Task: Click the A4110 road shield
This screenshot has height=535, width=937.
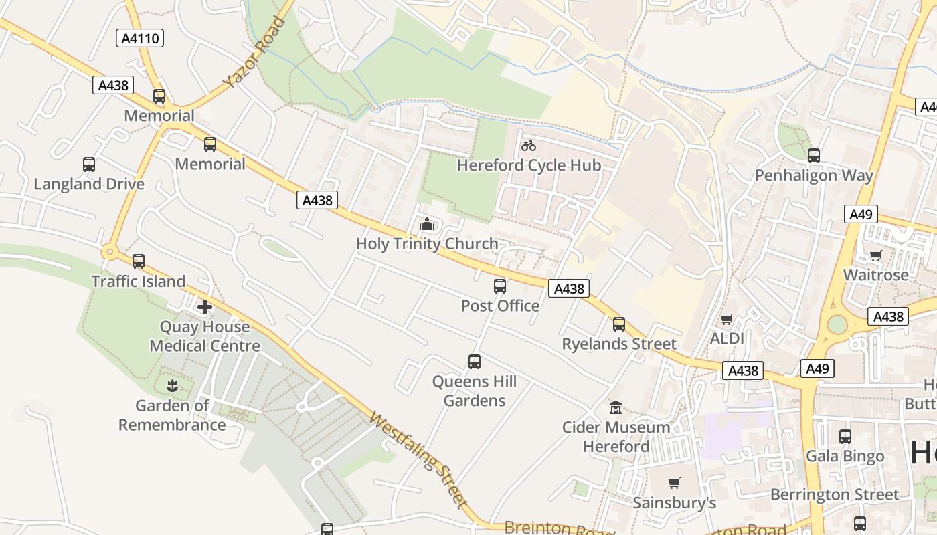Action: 141,38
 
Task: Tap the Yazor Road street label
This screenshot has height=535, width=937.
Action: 254,53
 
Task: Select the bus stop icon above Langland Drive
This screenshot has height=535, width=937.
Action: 89,165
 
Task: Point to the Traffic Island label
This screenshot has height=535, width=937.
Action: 139,282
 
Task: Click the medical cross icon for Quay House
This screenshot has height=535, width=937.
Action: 204,308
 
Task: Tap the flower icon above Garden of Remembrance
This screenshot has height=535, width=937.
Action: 173,386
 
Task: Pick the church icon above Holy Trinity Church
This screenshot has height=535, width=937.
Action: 426,225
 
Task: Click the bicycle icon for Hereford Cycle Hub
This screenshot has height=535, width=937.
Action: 529,146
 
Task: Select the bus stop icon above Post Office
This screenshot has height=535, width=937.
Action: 500,286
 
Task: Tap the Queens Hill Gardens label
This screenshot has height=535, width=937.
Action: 475,391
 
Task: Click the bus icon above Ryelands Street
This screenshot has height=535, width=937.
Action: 619,324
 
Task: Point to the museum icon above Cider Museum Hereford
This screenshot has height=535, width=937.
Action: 616,407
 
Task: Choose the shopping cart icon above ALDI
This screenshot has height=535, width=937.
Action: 727,320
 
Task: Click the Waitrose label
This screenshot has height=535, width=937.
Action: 875,275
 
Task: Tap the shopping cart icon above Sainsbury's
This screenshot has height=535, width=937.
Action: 675,483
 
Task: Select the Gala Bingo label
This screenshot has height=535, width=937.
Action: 845,457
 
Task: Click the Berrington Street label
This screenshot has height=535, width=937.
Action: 835,495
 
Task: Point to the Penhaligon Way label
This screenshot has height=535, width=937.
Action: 814,176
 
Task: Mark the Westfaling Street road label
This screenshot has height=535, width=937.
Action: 418,459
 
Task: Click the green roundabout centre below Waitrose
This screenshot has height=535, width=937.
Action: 837,324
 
